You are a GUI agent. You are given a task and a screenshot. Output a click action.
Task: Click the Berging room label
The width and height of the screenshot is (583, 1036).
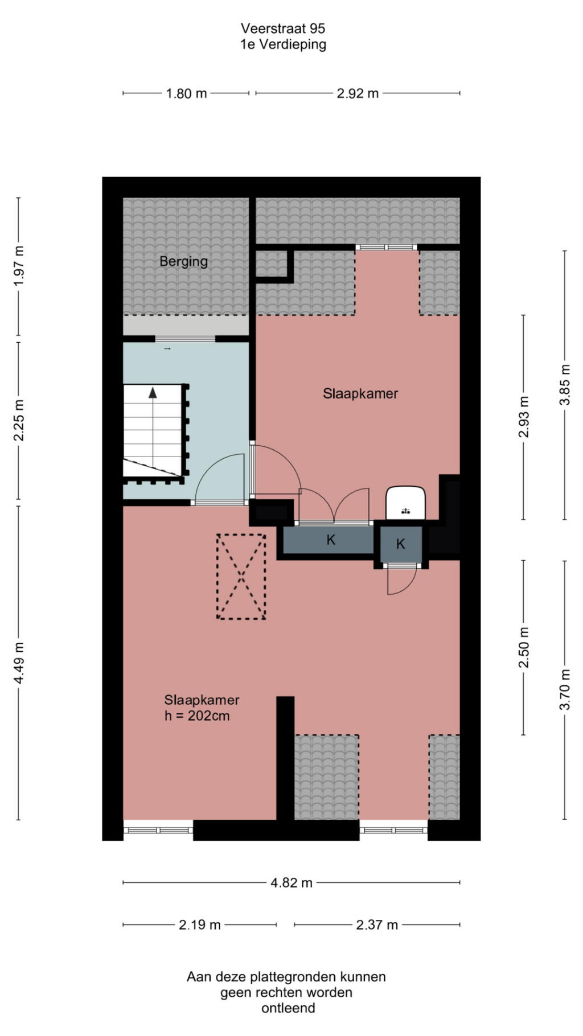tap(183, 262)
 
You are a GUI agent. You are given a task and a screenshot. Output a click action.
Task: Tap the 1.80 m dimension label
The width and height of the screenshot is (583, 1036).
tap(186, 93)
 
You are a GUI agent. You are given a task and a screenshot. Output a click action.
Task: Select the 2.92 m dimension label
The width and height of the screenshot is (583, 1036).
tap(358, 93)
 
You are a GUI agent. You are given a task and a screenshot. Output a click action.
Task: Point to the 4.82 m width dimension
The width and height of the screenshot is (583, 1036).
tap(291, 883)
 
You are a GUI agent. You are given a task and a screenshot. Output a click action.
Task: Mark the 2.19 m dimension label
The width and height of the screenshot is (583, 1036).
tap(199, 925)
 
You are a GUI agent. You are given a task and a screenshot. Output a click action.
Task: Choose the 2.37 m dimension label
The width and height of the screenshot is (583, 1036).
tap(377, 925)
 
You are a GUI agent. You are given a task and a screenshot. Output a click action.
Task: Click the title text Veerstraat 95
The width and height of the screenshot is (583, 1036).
tap(283, 28)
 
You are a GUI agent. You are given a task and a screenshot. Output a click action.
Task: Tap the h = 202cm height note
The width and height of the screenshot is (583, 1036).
tap(197, 716)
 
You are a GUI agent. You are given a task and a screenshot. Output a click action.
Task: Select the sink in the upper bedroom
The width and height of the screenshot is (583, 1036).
tap(406, 503)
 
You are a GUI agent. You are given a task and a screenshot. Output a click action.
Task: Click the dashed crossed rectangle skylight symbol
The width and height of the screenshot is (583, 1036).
tap(241, 577)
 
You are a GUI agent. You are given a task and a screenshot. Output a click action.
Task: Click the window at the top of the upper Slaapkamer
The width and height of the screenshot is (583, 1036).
tap(387, 248)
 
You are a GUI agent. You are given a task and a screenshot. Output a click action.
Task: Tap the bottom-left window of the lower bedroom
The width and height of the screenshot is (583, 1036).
tap(158, 830)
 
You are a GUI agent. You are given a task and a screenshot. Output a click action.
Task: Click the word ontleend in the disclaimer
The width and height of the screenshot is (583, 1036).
tap(288, 1008)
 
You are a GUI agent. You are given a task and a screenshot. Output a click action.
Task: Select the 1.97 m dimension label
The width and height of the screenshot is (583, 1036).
tap(19, 266)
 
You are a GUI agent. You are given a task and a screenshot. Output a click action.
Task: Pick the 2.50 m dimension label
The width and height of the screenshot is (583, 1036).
tap(524, 647)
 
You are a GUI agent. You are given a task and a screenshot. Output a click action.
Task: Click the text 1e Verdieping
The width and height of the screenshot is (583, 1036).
tap(283, 45)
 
